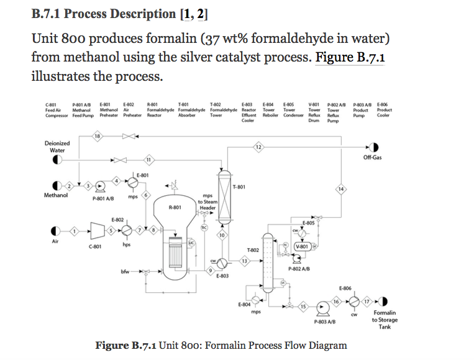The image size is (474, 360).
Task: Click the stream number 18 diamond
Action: click(x=98, y=136)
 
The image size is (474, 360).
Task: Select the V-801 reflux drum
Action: click(x=304, y=245)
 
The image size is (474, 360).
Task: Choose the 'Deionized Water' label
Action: click(x=57, y=147)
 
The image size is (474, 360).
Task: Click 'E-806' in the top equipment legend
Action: click(x=384, y=104)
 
